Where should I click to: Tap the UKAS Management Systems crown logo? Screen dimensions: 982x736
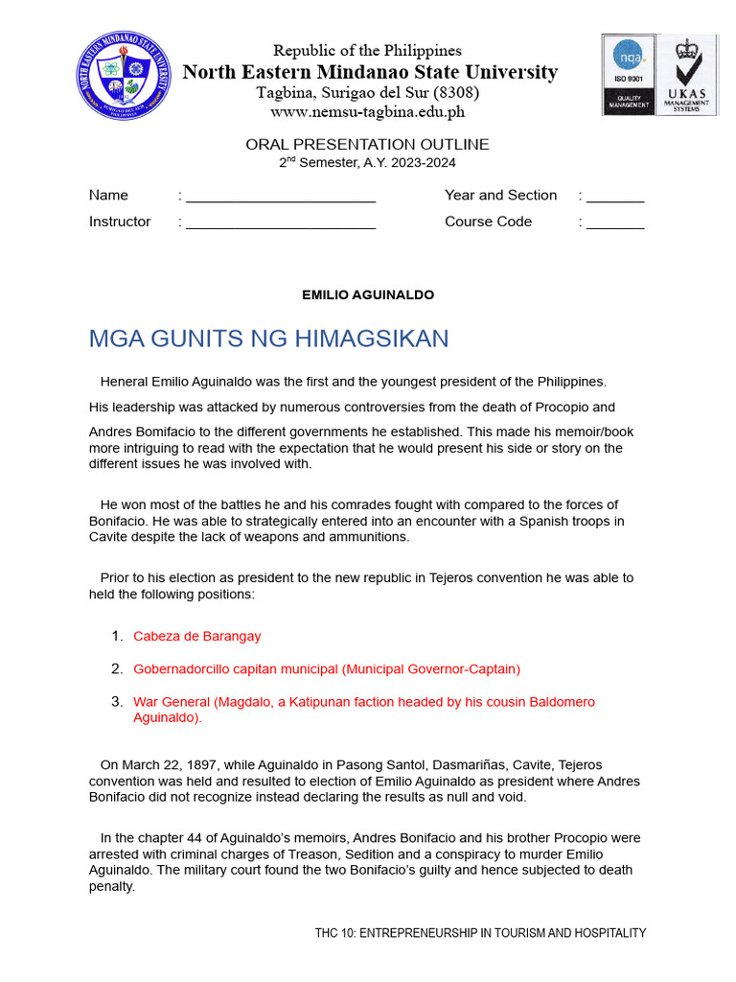[x=685, y=75]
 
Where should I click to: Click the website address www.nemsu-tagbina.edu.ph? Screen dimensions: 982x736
[x=367, y=111]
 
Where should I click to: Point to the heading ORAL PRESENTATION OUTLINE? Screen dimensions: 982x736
[x=367, y=145]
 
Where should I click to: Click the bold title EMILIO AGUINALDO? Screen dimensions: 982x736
[x=367, y=295]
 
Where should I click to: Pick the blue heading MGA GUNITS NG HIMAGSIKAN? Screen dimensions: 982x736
[x=268, y=339]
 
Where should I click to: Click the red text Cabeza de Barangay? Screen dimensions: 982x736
[x=196, y=636]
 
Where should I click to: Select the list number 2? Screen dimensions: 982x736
[x=116, y=668]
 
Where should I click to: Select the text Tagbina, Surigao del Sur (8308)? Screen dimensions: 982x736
[x=367, y=93]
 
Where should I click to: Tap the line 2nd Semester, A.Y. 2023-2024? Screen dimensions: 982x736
[x=367, y=163]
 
